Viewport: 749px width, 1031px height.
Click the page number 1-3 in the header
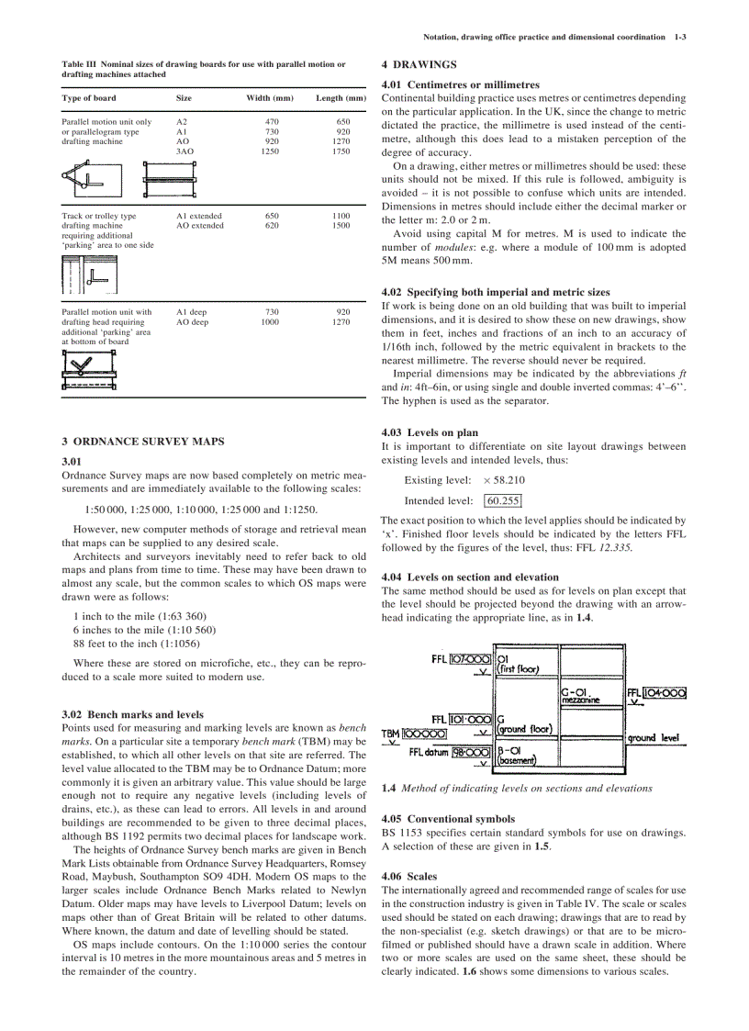pos(680,37)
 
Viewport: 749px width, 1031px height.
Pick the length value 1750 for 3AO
pos(341,151)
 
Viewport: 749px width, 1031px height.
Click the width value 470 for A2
pos(272,121)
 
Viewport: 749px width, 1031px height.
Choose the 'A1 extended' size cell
pos(199,216)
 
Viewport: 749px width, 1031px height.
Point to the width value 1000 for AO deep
pos(270,322)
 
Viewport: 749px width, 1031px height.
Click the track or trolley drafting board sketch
pos(85,274)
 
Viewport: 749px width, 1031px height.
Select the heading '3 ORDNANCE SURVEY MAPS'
pos(142,442)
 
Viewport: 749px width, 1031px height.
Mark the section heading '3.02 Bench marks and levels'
pos(132,714)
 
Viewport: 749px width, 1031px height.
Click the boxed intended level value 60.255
pos(502,500)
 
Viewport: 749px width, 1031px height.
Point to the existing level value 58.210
pos(509,480)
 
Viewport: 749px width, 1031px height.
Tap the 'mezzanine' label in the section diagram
pos(580,700)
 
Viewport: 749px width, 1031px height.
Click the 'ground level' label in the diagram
pos(653,737)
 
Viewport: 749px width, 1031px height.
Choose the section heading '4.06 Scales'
pos(409,877)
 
